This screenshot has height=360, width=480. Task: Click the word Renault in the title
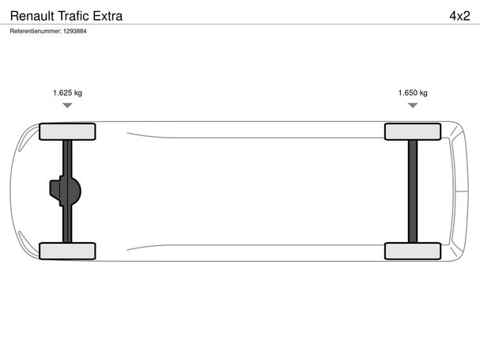pyautogui.click(x=32, y=16)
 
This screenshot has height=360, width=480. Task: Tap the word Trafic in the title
pyautogui.click(x=74, y=16)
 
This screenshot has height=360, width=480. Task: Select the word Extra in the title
pyautogui.click(x=108, y=16)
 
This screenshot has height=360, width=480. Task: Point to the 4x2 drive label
pyautogui.click(x=459, y=16)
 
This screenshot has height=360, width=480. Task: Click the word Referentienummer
pyautogui.click(x=36, y=31)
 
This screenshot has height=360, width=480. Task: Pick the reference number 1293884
pyautogui.click(x=75, y=31)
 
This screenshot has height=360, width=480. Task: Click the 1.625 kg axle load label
pyautogui.click(x=67, y=93)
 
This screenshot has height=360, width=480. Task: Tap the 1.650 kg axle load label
pyautogui.click(x=413, y=93)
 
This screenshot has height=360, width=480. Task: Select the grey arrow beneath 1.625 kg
pyautogui.click(x=67, y=105)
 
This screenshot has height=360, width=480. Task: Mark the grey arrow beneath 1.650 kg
pyautogui.click(x=413, y=105)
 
